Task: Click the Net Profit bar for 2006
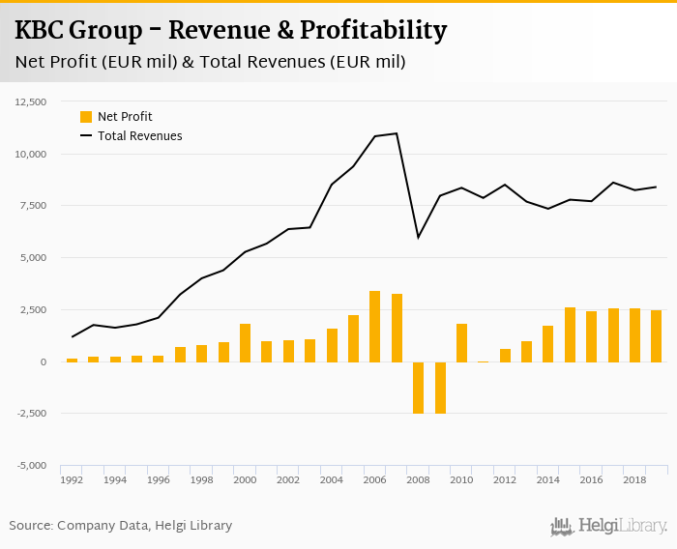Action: [374, 326]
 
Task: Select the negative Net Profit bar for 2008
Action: [418, 388]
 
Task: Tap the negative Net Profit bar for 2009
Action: [440, 388]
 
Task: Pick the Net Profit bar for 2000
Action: [245, 343]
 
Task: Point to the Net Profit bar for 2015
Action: [570, 334]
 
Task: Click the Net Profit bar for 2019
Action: [656, 336]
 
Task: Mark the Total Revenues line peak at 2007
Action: [397, 133]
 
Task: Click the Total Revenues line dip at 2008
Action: [418, 238]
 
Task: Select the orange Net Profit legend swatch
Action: [86, 117]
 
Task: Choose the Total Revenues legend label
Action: [139, 136]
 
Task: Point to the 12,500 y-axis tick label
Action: [31, 101]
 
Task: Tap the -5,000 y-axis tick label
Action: [31, 466]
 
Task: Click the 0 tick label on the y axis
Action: [43, 361]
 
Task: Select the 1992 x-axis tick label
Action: [72, 479]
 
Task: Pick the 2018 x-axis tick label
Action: [634, 479]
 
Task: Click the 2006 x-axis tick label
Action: [374, 479]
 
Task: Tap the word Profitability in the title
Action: [373, 31]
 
